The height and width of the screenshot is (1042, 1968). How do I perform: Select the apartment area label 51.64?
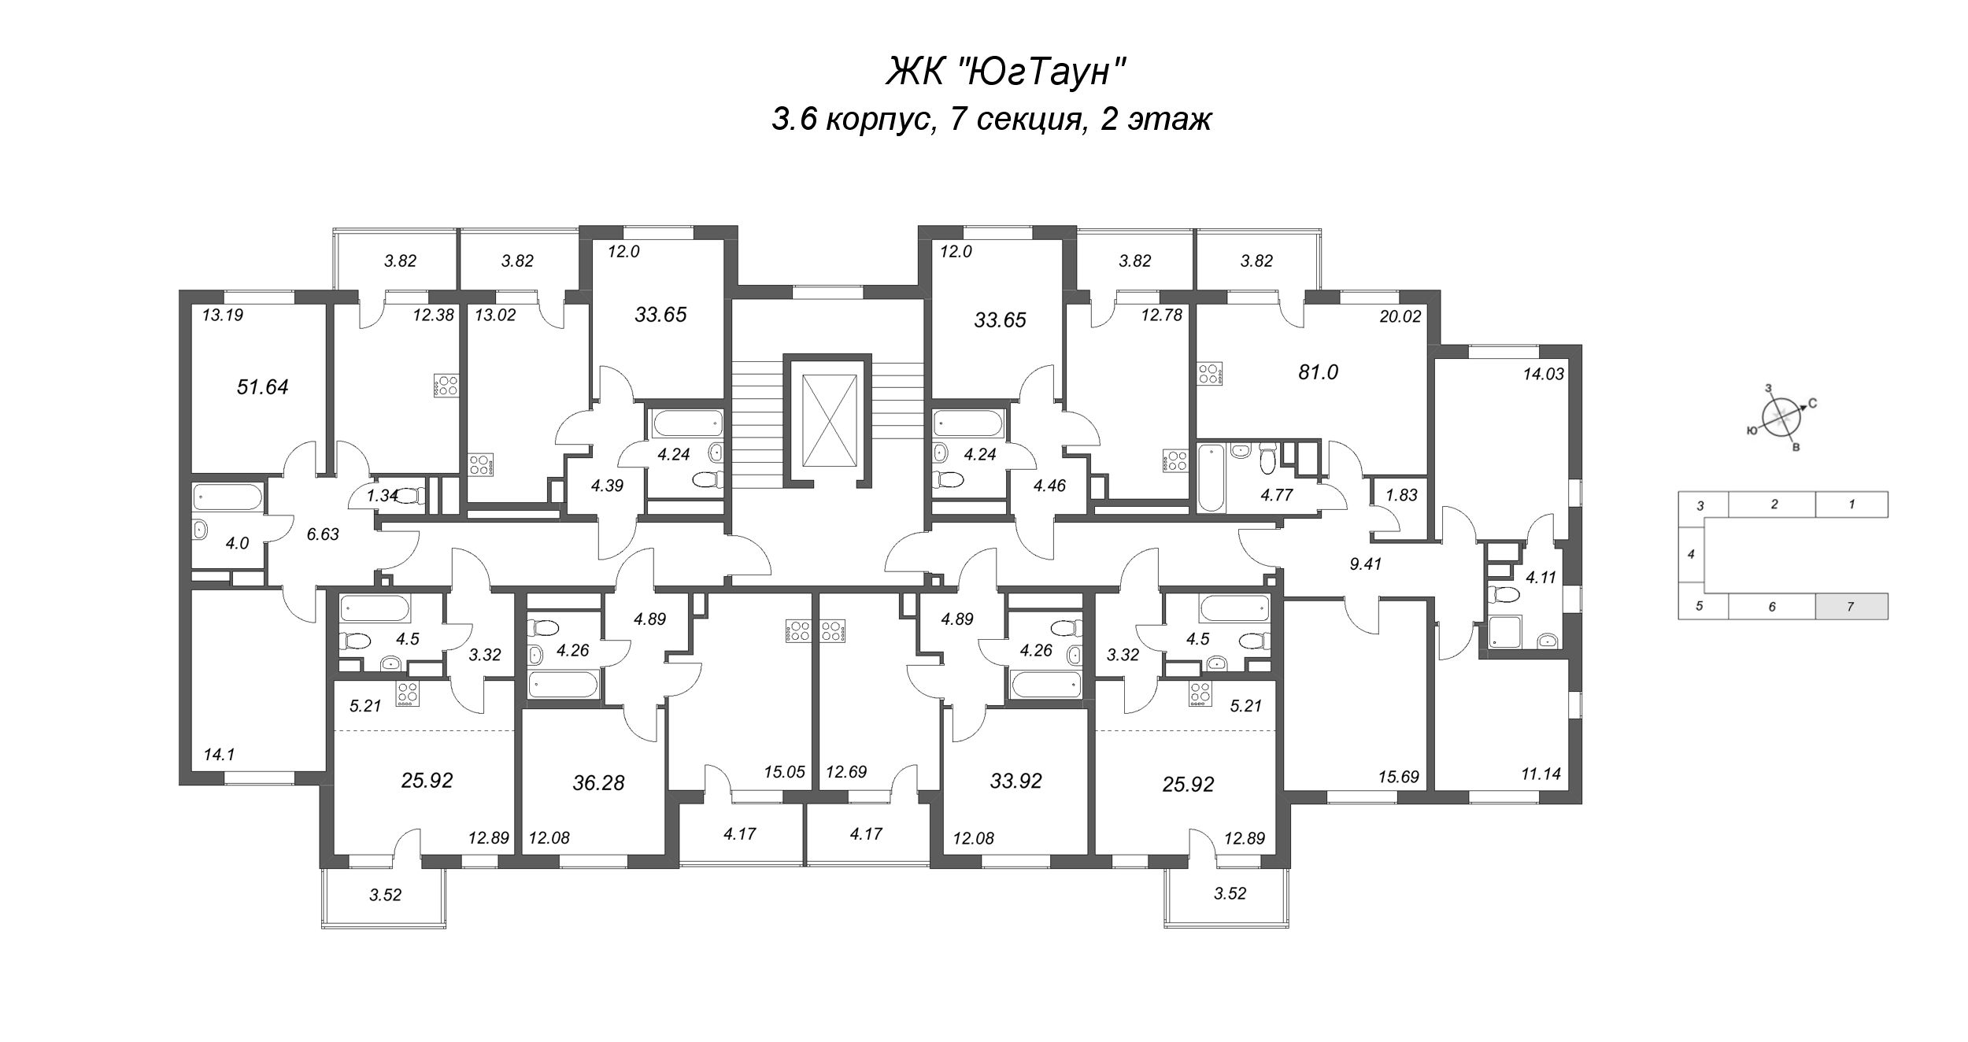(263, 386)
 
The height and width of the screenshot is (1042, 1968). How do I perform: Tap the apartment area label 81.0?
(1318, 372)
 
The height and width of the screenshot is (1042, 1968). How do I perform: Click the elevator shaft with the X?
(829, 420)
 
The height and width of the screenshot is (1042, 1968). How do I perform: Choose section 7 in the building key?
(1851, 607)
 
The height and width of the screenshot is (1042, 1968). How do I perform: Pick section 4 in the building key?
(1691, 554)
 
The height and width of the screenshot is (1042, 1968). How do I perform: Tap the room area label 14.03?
(1543, 375)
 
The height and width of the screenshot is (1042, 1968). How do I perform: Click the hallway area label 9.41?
(1365, 563)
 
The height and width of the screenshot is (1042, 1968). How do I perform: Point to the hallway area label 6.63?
(323, 534)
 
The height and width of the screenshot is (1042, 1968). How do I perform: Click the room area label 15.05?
(784, 772)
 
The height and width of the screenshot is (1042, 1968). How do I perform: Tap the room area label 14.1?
(219, 755)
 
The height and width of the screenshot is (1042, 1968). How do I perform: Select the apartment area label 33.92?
(1015, 781)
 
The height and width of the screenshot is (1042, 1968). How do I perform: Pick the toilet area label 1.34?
(383, 495)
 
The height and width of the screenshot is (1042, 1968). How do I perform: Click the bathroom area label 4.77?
(1276, 495)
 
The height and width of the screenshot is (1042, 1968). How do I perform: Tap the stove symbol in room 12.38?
(446, 386)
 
